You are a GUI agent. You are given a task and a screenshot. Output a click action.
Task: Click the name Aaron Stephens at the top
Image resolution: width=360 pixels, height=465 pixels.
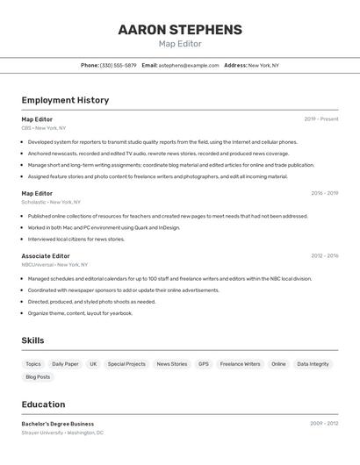tap(180, 30)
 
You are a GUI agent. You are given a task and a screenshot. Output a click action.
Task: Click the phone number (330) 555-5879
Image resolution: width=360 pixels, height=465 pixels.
tap(118, 65)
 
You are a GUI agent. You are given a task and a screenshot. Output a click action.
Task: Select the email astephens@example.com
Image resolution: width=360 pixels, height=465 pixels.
tap(189, 65)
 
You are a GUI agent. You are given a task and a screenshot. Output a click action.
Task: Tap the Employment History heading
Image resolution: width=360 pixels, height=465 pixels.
tap(65, 100)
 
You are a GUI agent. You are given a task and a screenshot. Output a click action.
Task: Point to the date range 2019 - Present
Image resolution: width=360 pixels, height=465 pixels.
tap(321, 118)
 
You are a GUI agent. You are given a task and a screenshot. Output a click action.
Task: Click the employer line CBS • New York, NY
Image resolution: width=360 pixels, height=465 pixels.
tap(44, 128)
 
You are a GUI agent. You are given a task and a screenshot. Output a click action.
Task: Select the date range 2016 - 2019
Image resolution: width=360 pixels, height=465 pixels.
tap(324, 193)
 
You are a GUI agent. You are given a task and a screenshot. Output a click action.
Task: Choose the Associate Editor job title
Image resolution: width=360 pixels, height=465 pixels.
tap(46, 256)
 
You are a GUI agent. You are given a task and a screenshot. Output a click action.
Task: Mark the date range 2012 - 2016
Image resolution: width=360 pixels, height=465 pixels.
tap(324, 256)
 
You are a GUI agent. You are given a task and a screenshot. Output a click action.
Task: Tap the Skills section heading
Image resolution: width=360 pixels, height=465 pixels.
tap(32, 340)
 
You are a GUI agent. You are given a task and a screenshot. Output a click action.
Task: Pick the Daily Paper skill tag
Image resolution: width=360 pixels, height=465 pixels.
tap(65, 364)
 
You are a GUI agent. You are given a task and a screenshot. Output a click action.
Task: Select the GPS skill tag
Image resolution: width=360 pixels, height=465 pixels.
tap(204, 364)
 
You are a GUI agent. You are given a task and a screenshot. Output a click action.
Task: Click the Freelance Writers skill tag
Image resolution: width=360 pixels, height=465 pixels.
tap(240, 364)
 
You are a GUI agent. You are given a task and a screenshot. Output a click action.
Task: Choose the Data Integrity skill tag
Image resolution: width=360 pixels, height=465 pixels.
tap(313, 364)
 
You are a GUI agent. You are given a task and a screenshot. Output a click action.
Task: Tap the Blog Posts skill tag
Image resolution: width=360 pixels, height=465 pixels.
tap(38, 377)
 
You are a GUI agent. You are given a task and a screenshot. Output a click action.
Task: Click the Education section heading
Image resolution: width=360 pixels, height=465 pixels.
tap(43, 404)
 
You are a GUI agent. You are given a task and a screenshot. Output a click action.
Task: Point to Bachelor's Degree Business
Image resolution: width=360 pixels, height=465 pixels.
tap(58, 424)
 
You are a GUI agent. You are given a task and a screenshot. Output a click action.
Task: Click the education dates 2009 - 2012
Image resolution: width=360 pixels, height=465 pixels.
tap(324, 424)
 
